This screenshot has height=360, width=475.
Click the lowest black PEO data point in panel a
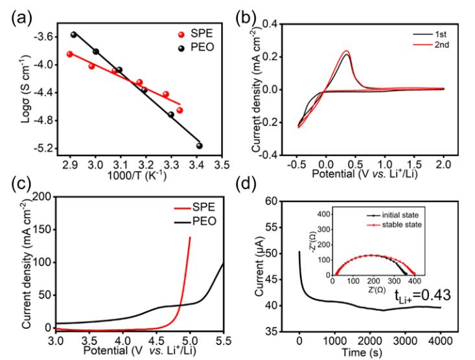(x=200, y=146)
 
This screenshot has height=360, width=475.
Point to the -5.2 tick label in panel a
(x=42, y=148)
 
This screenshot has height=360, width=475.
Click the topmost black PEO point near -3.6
(x=74, y=34)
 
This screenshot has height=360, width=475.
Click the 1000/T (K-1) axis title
(x=137, y=175)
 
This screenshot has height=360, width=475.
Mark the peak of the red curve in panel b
(x=346, y=51)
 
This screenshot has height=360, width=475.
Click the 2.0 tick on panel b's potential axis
(x=443, y=164)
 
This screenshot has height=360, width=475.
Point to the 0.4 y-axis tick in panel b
(x=269, y=24)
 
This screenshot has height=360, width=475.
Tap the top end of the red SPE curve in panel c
(x=190, y=237)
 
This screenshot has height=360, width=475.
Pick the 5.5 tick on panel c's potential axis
(x=224, y=341)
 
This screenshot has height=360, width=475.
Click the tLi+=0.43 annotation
(x=423, y=295)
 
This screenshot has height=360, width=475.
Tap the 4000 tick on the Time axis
(x=440, y=341)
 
